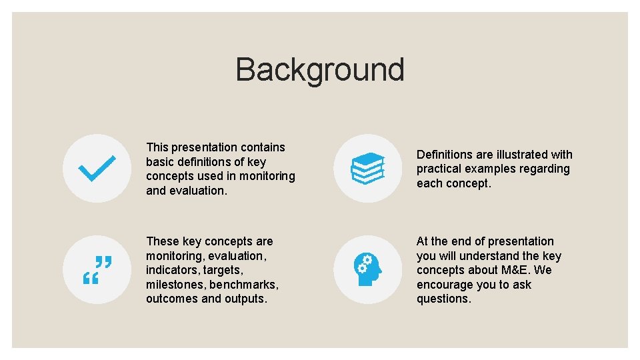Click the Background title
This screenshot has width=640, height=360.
pos(319,70)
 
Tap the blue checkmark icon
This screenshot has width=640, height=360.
pos(97,168)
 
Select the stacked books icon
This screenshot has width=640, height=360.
pos(367,168)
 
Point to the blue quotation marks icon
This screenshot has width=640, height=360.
pos(97,269)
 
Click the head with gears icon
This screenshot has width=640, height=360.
pos(367,269)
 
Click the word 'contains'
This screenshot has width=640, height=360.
pos(263,147)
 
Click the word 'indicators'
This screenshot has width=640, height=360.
pos(170,270)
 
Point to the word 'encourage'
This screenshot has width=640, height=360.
pos(444,285)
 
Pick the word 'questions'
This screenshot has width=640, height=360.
pos(443,299)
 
